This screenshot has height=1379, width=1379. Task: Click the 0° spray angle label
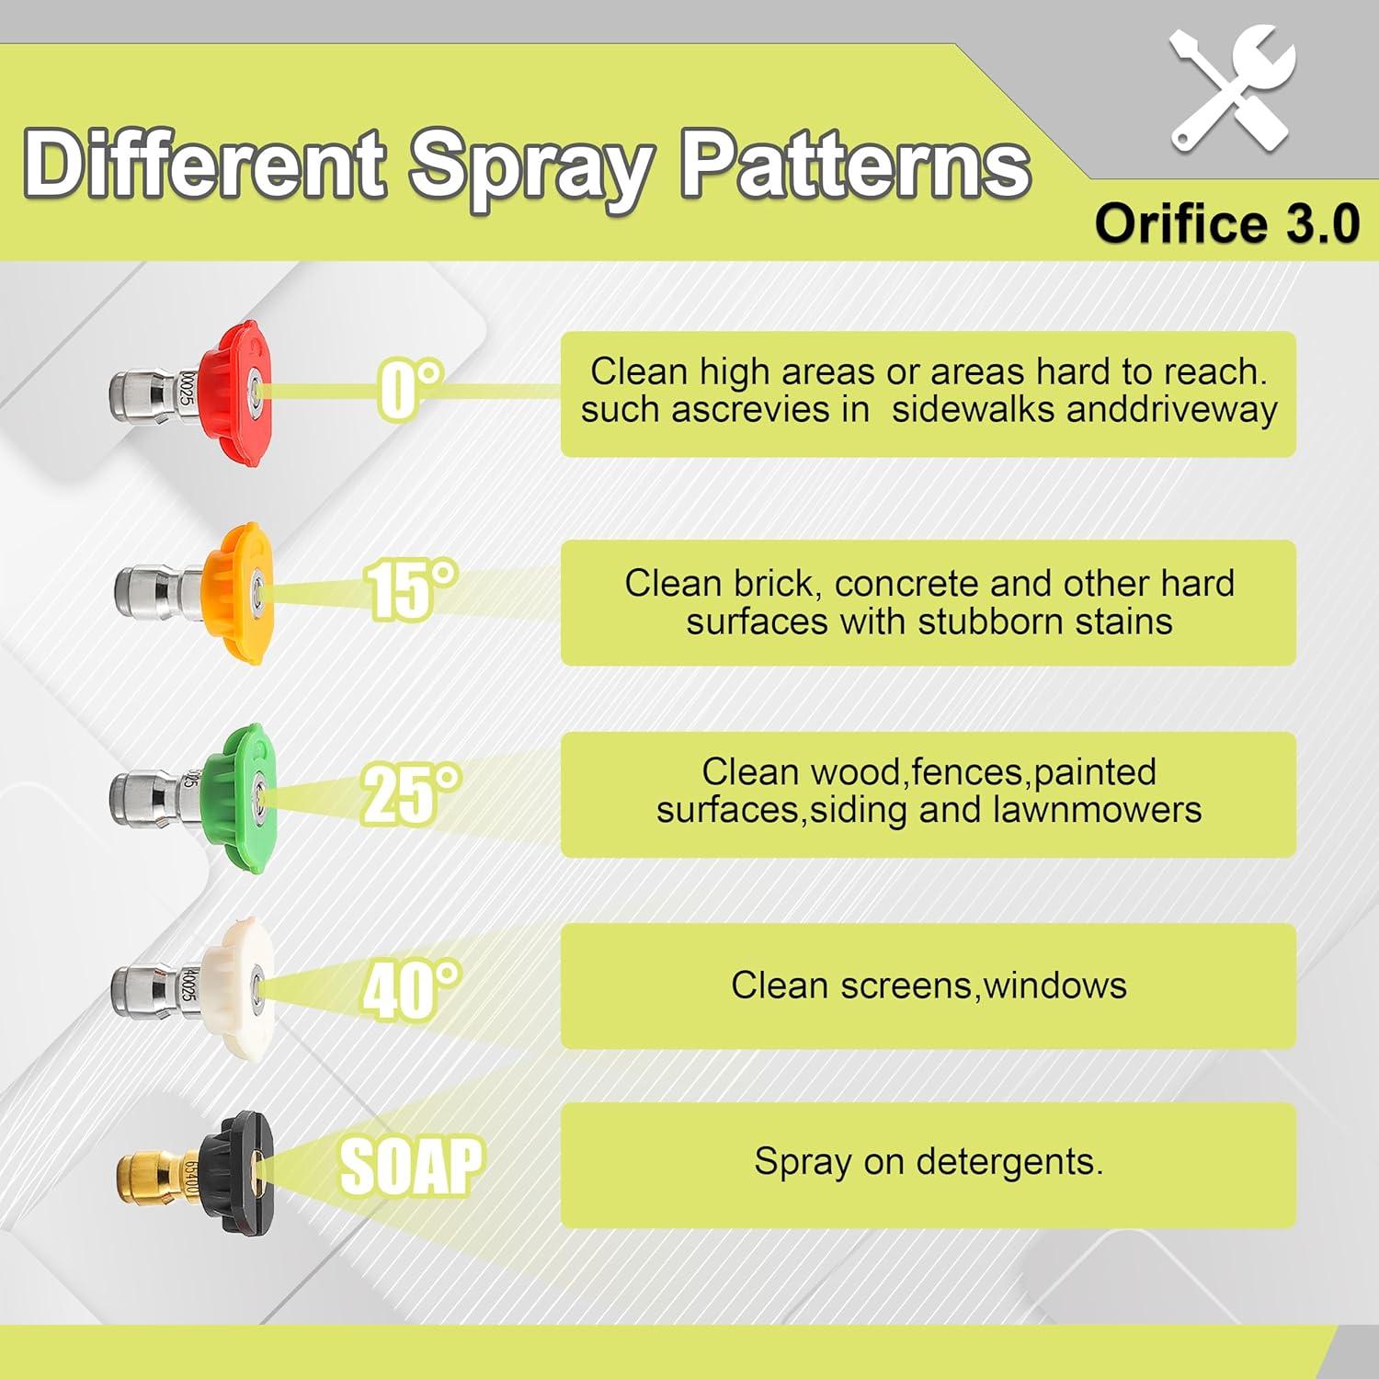(410, 390)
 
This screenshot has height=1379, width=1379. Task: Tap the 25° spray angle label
(411, 793)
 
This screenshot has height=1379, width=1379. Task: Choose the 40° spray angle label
(411, 990)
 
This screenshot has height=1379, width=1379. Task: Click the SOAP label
(411, 1165)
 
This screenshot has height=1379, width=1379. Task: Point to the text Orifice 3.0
(1226, 223)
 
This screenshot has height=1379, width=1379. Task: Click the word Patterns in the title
(855, 165)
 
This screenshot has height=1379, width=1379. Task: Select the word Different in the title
(204, 164)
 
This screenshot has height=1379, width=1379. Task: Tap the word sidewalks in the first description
(973, 409)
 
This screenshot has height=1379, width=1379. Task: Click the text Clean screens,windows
(929, 986)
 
